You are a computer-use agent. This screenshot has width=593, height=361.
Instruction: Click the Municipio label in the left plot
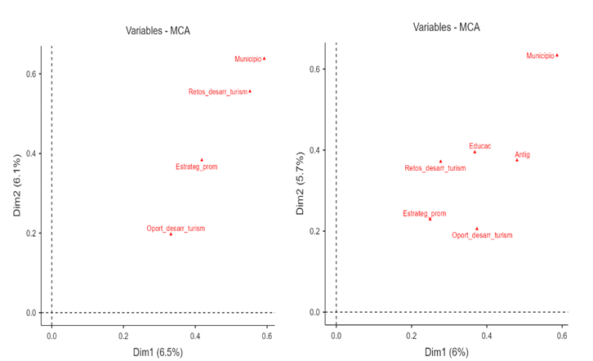point(247,59)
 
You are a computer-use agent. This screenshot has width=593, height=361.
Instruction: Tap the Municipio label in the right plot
point(540,56)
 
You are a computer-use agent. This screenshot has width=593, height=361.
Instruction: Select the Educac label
point(480,145)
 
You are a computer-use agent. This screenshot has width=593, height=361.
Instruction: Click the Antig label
point(522,154)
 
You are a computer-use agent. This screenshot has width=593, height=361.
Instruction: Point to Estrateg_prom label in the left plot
point(196,167)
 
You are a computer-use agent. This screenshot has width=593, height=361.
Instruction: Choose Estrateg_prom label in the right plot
point(424,214)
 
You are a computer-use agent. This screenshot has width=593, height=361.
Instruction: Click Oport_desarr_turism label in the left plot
point(176,228)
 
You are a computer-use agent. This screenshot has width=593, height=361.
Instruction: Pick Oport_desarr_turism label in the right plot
point(482,235)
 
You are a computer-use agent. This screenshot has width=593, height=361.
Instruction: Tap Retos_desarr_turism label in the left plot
point(217,92)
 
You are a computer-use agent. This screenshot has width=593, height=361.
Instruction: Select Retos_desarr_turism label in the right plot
point(435,168)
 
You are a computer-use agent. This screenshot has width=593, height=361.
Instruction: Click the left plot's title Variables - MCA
point(158,32)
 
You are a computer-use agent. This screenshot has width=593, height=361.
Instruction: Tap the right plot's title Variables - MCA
point(446,27)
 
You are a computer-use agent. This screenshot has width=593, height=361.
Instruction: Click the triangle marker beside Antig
point(516,160)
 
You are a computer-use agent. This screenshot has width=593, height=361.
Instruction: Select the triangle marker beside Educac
point(475,152)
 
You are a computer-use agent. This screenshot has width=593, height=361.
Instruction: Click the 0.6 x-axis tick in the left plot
point(267,336)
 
